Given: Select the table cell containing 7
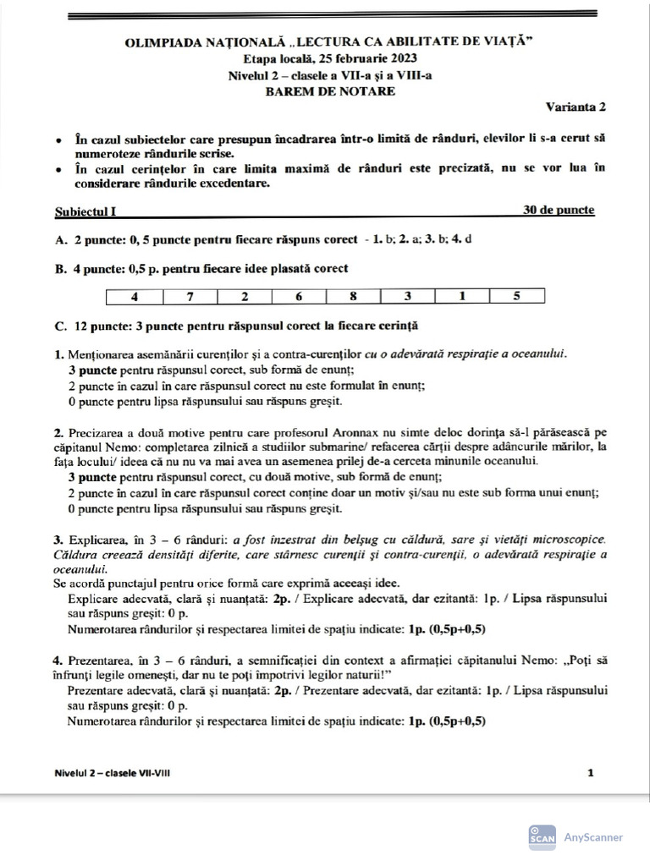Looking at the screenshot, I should point(190,297).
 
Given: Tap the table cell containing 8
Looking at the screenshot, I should point(353,297).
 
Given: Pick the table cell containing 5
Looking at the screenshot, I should point(516,297).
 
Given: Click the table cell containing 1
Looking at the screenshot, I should point(462,297).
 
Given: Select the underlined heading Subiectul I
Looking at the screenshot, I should point(85,211).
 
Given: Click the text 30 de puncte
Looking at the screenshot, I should point(559,210).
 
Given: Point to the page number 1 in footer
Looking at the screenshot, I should point(591,772).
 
